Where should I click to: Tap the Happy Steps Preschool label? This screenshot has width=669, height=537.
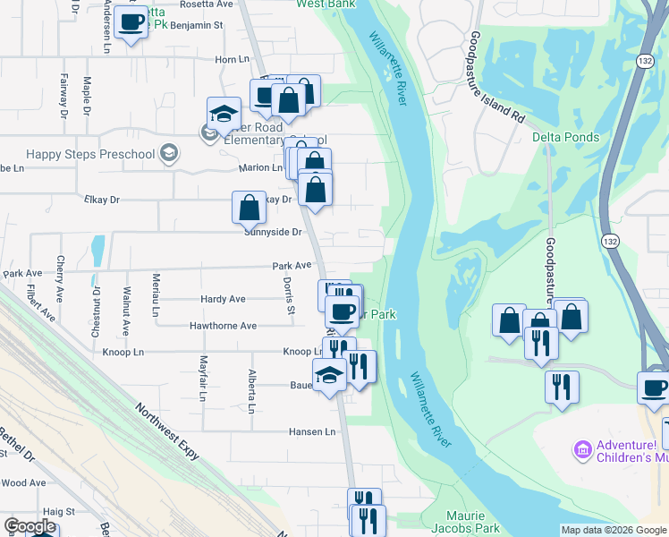[90, 154]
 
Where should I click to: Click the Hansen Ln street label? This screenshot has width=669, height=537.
[311, 431]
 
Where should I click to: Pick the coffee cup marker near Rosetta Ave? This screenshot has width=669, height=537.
[131, 21]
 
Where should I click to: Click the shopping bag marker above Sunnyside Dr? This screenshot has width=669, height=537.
[249, 208]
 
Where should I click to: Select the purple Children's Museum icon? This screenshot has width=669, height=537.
[582, 448]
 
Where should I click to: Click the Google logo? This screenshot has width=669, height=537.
[30, 527]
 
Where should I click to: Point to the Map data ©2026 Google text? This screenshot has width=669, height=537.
[614, 530]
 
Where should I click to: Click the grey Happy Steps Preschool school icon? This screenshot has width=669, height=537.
[168, 154]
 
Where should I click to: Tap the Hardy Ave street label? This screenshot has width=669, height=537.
[224, 299]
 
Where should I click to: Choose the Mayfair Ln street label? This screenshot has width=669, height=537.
[204, 378]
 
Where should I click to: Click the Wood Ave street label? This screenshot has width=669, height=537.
[24, 482]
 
